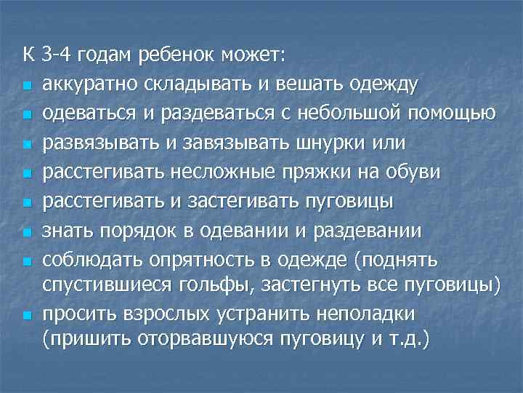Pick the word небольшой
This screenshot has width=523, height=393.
pos(355,114)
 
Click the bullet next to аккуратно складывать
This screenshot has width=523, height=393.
pos(28,86)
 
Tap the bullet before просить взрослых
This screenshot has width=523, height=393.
pos(28,317)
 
